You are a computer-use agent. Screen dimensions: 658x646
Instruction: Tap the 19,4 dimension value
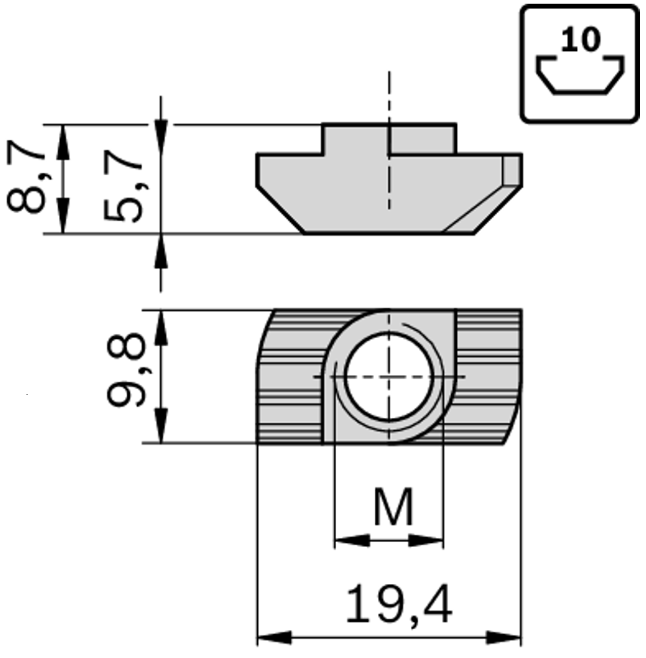(x=399, y=605)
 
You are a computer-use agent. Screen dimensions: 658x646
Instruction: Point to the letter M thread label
(x=393, y=508)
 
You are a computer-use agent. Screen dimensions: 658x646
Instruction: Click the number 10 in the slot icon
(x=580, y=40)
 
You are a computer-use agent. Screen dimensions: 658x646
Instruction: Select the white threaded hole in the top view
(x=389, y=376)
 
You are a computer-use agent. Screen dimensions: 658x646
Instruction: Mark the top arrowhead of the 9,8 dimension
(x=160, y=325)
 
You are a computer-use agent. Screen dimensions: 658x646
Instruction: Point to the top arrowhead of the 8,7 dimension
(x=63, y=140)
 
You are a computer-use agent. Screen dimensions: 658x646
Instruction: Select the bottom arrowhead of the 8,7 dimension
(x=63, y=217)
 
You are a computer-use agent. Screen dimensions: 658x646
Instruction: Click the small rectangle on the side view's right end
(x=512, y=169)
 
